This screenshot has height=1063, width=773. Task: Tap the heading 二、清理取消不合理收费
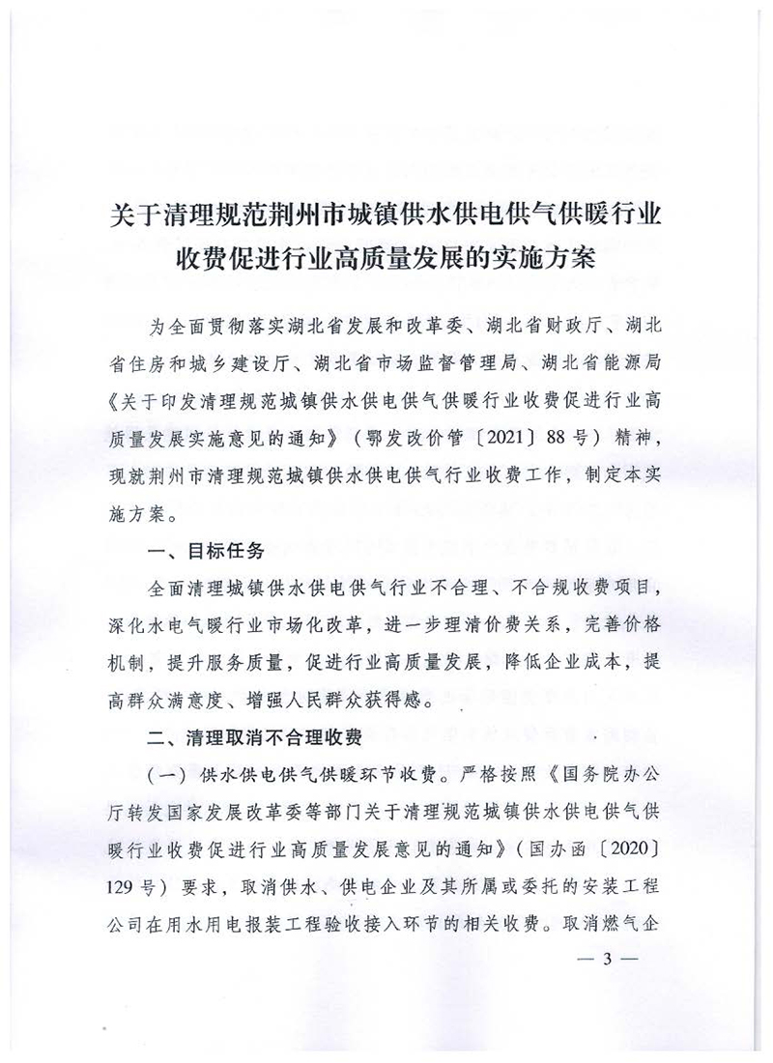coord(254,738)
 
